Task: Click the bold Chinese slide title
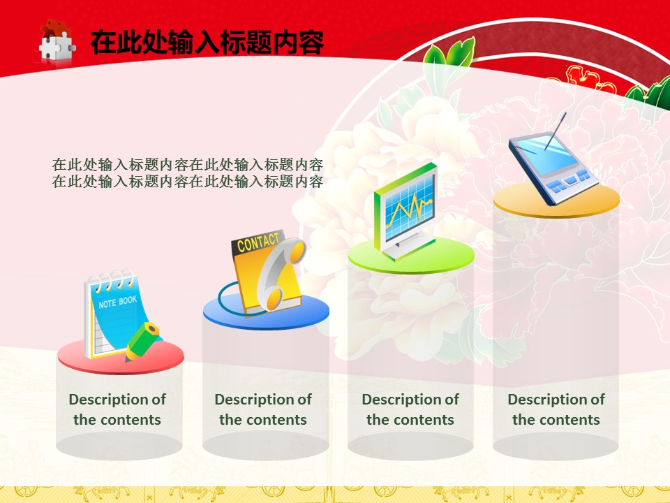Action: click(207, 43)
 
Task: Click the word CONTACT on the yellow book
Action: click(258, 242)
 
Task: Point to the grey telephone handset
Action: click(282, 273)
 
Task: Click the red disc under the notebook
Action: click(121, 356)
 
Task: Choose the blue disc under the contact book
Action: click(266, 312)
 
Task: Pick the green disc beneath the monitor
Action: click(411, 256)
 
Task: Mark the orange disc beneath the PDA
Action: click(556, 201)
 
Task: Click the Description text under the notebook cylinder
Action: click(117, 409)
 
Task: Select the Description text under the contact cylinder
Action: click(263, 409)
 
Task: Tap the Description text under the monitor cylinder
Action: click(410, 409)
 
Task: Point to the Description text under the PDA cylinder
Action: click(556, 409)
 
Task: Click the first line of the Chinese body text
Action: click(188, 165)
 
